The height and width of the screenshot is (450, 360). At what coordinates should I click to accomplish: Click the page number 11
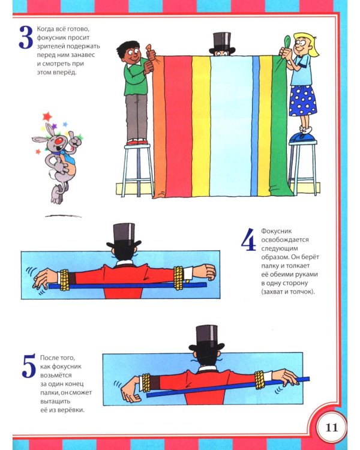click(x=332, y=428)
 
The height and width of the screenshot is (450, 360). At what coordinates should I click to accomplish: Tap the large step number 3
click(x=26, y=37)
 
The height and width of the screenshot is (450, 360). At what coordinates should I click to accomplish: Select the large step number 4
click(x=248, y=239)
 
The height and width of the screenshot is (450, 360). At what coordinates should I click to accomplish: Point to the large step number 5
click(x=29, y=366)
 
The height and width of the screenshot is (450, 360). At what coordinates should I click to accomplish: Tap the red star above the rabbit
click(x=47, y=116)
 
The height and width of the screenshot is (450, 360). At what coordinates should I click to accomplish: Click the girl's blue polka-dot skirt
click(x=302, y=101)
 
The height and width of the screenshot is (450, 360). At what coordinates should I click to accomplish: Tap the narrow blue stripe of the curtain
click(x=255, y=126)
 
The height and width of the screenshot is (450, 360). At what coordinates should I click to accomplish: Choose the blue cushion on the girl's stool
click(x=302, y=139)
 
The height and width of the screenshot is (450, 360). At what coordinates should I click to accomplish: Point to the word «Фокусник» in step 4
click(x=272, y=231)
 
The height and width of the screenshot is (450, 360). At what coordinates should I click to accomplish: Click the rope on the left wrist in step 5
click(x=146, y=383)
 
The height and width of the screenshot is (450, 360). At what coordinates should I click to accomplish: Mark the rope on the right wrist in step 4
click(x=178, y=278)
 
